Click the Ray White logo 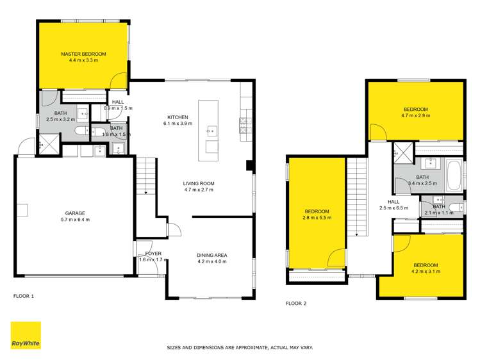click(26, 336)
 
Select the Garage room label click(75, 217)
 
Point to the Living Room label click(199, 186)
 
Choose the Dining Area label click(212, 259)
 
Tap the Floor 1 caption click(24, 296)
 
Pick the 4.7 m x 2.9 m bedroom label click(415, 113)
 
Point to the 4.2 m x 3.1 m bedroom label click(426, 268)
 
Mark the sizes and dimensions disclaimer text click(240, 347)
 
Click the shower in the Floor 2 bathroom click(403, 154)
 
